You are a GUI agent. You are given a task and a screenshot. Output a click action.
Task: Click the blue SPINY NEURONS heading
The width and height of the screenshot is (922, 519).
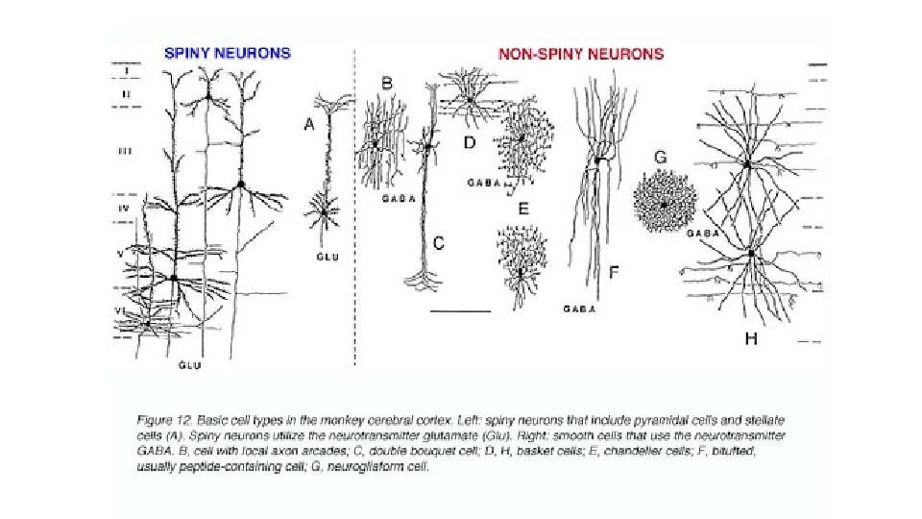pos(227,54)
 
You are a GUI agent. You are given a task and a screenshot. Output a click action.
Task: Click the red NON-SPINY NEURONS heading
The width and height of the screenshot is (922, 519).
pos(581,54)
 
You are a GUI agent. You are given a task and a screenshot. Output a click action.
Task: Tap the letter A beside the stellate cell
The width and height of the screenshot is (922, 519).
pos(309,124)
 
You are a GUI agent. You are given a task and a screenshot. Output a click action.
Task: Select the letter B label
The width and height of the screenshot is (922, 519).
pos(387,84)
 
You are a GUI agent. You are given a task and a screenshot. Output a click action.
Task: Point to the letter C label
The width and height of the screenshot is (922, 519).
pos(439,243)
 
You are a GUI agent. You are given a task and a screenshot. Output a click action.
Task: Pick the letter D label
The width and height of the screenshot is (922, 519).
pos(470,143)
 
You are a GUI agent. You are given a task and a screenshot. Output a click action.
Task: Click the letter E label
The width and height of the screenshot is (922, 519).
pos(522,208)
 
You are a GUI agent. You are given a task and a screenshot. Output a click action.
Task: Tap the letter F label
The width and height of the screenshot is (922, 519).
pos(613,272)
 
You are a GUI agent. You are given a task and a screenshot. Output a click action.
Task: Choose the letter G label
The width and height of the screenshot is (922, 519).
pos(660,157)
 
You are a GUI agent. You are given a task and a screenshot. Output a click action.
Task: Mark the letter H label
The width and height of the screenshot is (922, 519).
pos(751,338)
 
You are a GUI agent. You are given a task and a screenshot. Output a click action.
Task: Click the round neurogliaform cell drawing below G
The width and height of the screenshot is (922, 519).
pos(663,203)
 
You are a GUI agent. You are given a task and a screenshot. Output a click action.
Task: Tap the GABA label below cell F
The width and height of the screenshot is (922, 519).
pos(579,309)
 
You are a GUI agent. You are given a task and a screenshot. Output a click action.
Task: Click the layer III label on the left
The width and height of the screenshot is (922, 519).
pos(125,151)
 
